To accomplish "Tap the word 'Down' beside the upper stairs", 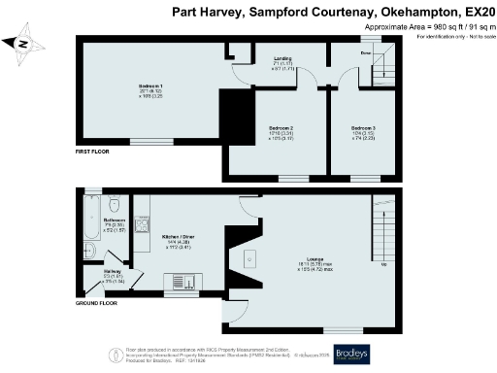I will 366,52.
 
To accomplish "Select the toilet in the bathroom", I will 116,205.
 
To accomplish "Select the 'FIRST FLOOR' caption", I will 94,153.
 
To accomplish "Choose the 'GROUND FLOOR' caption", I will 97,303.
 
